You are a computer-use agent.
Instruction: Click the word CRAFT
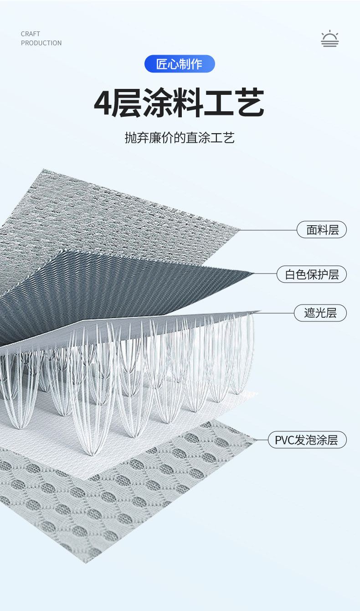click(x=31, y=34)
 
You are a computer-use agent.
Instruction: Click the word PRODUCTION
click(x=41, y=43)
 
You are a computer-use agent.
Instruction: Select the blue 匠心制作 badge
click(x=180, y=64)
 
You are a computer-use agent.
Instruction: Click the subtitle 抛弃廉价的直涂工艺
click(x=180, y=137)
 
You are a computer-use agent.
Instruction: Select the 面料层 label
click(x=322, y=230)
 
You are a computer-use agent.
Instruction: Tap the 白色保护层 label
click(x=312, y=274)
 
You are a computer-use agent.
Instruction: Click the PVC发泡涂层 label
click(x=307, y=440)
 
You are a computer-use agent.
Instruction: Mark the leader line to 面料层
click(x=269, y=230)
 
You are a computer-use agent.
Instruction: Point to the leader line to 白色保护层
click(x=265, y=274)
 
